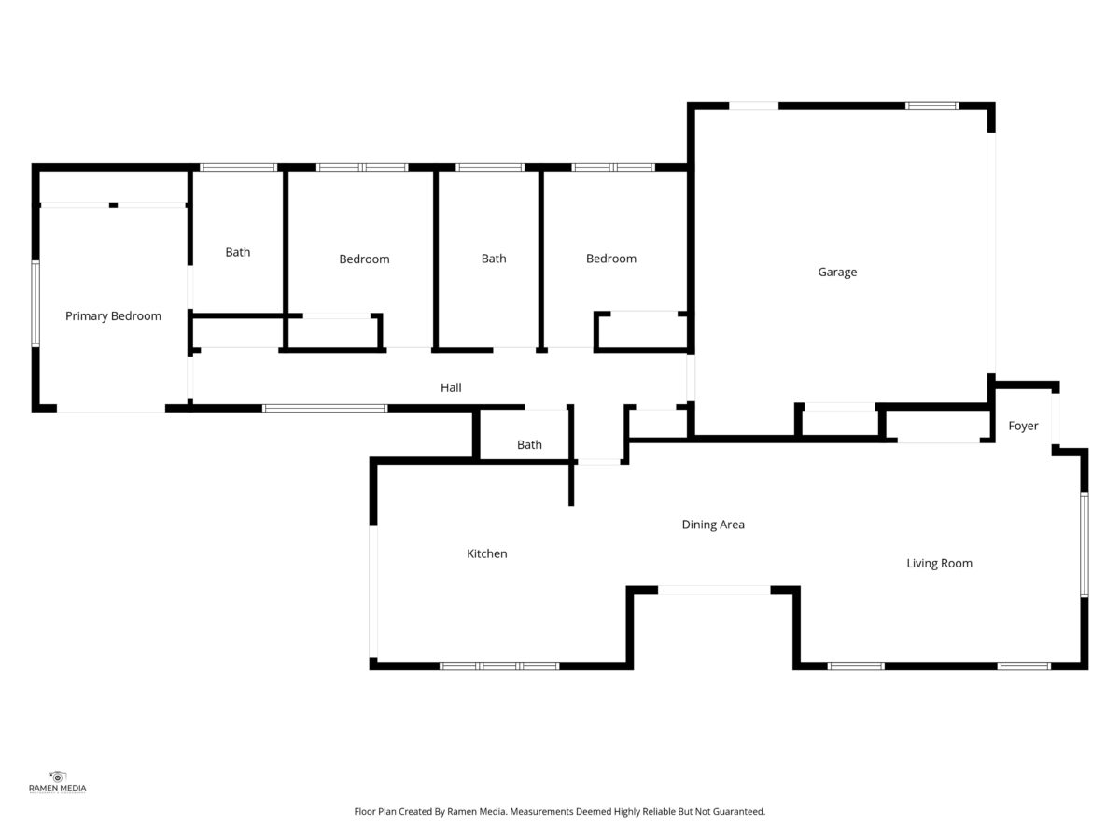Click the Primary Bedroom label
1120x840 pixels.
tap(113, 316)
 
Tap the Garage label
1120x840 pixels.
tap(837, 273)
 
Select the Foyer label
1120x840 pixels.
tap(1023, 426)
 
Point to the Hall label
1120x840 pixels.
tap(451, 387)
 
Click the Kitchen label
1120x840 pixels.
tap(487, 553)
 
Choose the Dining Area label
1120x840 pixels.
tap(713, 525)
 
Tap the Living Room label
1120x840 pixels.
tap(939, 564)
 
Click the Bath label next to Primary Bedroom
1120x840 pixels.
tap(238, 252)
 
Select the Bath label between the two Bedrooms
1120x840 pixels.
tap(494, 259)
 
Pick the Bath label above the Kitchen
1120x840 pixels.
tap(529, 445)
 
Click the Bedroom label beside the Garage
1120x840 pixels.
tap(611, 259)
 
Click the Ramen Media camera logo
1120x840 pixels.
tap(57, 777)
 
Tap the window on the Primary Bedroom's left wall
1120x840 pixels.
tap(35, 303)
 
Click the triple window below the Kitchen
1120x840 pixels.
tap(499, 666)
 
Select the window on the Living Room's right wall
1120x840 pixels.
tap(1085, 545)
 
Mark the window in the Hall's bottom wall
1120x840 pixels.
tap(325, 408)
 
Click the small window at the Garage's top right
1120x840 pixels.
tap(932, 106)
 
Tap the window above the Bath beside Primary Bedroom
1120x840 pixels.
tap(238, 167)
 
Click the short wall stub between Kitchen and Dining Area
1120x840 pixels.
tap(571, 483)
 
